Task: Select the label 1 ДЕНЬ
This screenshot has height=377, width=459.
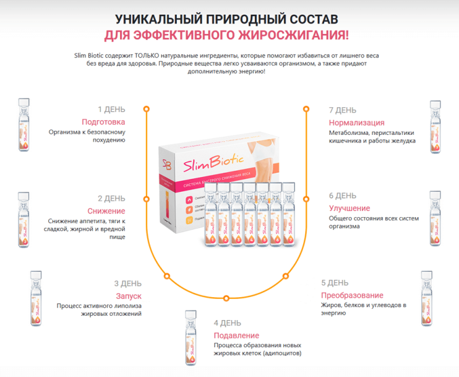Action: [111, 110]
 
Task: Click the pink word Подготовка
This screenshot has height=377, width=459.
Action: [103, 122]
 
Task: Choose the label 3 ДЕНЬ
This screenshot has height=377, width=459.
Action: [127, 284]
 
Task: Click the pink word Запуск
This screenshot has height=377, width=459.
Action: [129, 296]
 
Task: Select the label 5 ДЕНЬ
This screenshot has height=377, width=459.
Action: [335, 284]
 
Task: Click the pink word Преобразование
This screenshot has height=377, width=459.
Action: [352, 295]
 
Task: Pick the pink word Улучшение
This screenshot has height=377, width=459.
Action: [350, 208]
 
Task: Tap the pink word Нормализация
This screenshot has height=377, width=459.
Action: [356, 123]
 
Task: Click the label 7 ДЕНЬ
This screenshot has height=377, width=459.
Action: [343, 110]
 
